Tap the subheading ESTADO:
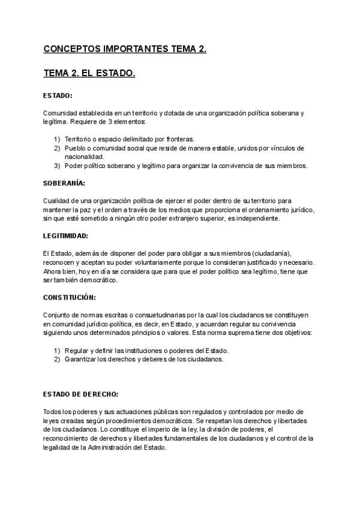[x=58, y=95]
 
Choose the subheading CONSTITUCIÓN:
[x=70, y=297]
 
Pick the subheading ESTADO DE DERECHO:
[x=81, y=394]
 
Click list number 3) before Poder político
[x=58, y=166]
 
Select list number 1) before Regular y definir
[x=58, y=351]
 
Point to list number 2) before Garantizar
[x=58, y=359]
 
